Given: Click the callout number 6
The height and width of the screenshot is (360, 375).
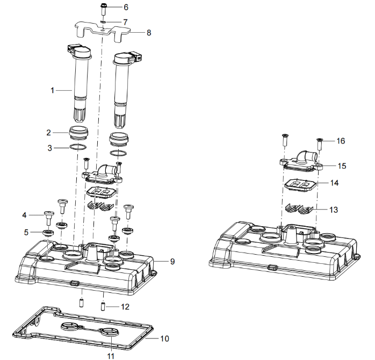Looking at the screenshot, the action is click(126, 7).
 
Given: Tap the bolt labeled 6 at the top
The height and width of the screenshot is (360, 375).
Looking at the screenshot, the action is click(103, 10).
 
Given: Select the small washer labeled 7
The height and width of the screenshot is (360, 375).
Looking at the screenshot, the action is click(103, 22).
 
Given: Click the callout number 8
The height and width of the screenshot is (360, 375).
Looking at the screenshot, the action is click(149, 33).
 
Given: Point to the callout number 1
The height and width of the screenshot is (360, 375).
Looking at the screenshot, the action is click(52, 90).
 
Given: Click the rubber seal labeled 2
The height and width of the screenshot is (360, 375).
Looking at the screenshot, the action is click(78, 133).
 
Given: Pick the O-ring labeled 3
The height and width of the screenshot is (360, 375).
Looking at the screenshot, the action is click(78, 147).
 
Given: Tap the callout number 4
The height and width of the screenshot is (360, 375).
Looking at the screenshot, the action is click(24, 215).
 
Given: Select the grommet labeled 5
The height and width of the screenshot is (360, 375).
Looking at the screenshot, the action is click(48, 233).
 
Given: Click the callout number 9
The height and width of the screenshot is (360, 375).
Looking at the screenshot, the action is click(172, 262).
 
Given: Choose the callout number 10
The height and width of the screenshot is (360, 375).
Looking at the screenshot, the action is click(164, 339).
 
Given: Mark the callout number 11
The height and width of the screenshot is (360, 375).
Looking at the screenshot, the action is click(110, 356).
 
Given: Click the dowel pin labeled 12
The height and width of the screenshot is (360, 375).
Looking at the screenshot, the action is click(103, 307).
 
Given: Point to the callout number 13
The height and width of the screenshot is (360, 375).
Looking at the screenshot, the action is click(334, 210).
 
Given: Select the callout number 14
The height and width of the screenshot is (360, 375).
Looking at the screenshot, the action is click(334, 183).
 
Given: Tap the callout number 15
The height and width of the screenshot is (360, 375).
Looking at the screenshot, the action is click(342, 166).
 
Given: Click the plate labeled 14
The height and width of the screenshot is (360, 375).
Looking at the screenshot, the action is click(300, 185).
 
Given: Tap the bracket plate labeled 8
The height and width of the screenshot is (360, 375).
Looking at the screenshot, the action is click(103, 31).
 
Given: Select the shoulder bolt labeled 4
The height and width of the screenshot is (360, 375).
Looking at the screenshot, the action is click(49, 218).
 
